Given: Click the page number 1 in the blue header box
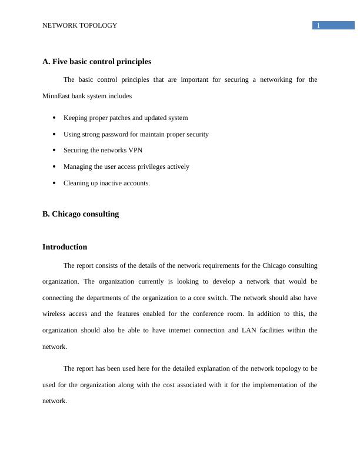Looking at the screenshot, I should tap(318, 25).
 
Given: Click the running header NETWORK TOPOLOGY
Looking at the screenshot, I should tap(79, 25).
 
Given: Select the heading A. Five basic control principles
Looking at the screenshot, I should tap(96, 62).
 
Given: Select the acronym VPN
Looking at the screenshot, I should tap(135, 150).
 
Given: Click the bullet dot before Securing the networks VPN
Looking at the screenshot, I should tap(54, 150).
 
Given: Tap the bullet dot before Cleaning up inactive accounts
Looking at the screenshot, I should tap(54, 183).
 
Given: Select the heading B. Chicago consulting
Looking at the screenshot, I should tap(81, 214).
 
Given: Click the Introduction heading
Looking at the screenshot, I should tap(65, 247).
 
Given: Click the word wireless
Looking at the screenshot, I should tap(55, 314).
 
